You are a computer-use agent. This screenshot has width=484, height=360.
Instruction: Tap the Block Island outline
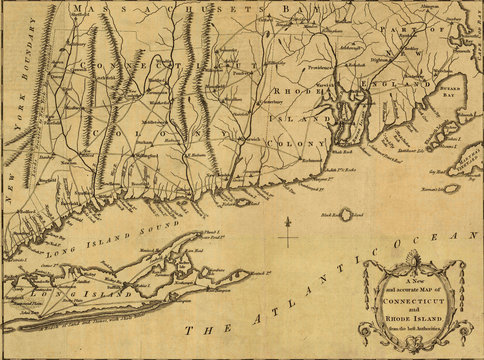coord(349,214)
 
